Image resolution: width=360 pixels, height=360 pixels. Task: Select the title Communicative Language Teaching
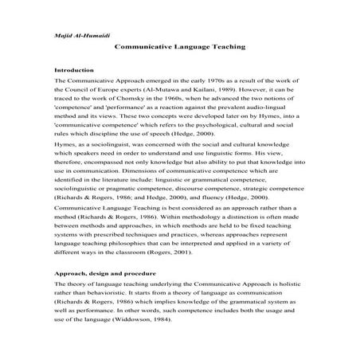click(x=180, y=48)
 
